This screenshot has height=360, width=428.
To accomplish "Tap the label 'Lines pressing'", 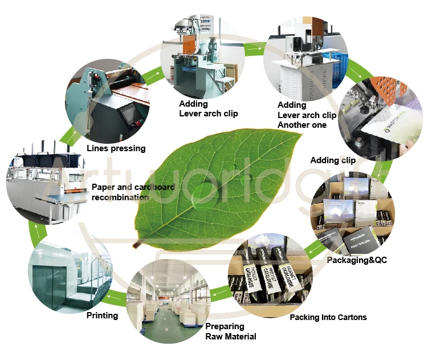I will [116, 148].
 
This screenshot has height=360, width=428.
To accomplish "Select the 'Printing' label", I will [102, 315].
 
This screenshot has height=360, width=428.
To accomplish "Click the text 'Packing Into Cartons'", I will [328, 317].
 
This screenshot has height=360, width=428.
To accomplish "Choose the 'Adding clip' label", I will [333, 160].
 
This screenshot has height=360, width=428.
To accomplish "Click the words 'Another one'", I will [301, 125].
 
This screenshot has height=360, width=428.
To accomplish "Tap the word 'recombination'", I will [120, 197].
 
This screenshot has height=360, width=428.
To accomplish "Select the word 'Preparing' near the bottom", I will [225, 326].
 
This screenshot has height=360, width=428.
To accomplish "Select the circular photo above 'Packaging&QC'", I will [353, 213].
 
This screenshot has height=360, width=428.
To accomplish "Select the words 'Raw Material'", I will [230, 337].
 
